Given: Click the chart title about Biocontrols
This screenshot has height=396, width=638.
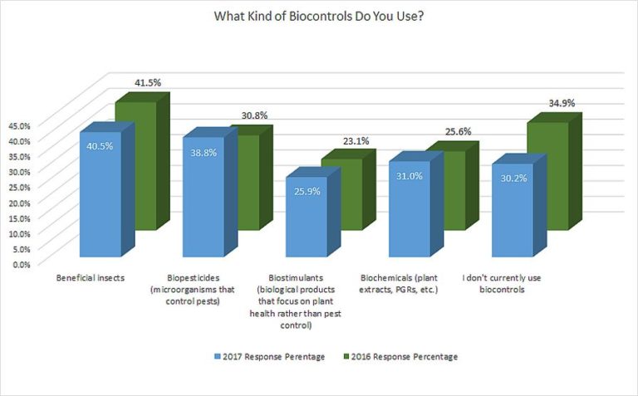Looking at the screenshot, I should pos(319,17).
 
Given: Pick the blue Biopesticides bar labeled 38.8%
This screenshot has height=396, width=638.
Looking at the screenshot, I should pos(203,199).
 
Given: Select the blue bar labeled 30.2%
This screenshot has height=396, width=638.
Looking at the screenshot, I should pos(512,211).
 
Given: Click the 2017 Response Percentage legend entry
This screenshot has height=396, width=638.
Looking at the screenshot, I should pos(267,357).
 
